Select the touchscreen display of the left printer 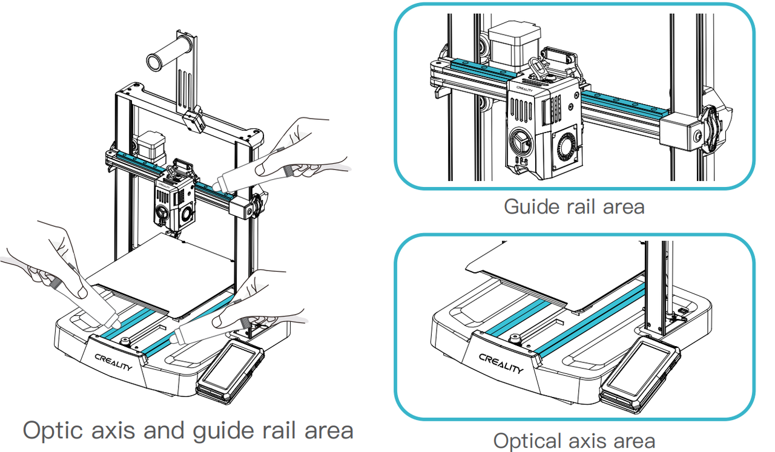229,370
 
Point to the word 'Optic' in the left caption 52,430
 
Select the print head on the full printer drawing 175,197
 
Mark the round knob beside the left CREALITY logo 125,342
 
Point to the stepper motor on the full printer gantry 148,145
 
